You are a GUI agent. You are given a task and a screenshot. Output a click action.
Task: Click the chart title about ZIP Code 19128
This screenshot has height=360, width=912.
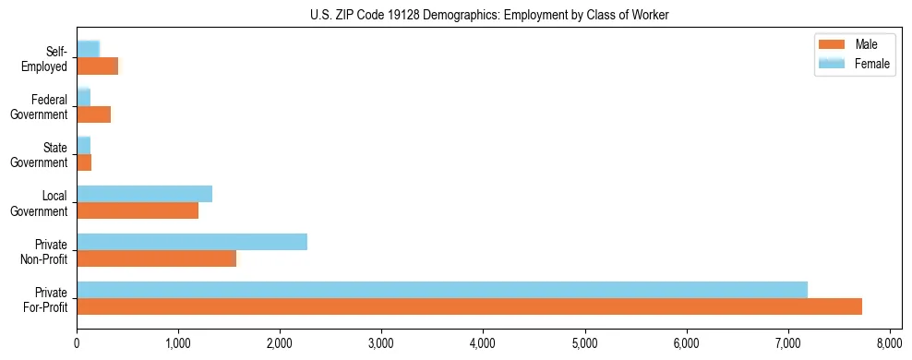pyautogui.click(x=457, y=14)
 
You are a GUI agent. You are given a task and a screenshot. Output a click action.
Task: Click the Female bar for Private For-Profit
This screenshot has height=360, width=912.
pyautogui.click(x=442, y=290)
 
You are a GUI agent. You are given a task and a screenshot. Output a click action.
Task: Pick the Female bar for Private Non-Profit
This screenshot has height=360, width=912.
pyautogui.click(x=192, y=242)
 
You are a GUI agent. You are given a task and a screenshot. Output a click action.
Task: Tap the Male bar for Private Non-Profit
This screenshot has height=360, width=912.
pyautogui.click(x=156, y=258)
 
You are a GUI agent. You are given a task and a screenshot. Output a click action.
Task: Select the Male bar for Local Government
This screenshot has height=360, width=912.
pyautogui.click(x=138, y=210)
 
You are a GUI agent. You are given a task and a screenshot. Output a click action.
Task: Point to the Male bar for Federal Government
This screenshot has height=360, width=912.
pyautogui.click(x=93, y=114)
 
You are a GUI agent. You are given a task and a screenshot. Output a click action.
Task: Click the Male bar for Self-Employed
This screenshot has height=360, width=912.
pyautogui.click(x=97, y=66)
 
